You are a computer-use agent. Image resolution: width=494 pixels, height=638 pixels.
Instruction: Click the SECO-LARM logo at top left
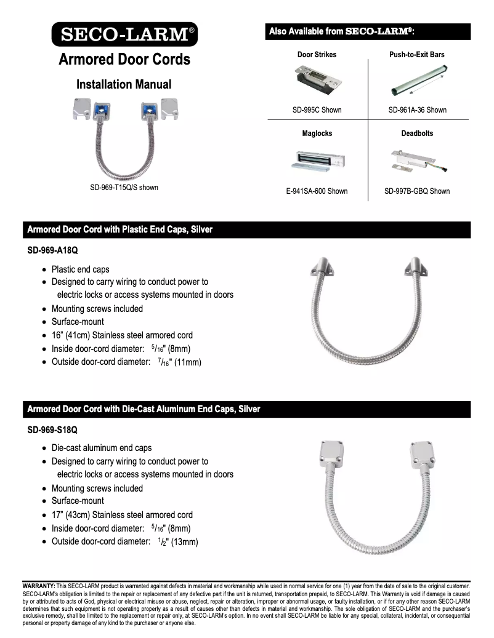click(124, 34)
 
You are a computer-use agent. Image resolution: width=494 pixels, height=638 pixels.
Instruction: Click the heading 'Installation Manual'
click(124, 84)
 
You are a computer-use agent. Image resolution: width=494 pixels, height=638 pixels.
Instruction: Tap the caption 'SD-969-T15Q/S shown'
click(124, 187)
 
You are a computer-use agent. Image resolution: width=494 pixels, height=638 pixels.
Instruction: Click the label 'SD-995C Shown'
click(317, 110)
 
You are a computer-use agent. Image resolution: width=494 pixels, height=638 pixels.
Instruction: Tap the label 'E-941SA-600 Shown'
click(317, 191)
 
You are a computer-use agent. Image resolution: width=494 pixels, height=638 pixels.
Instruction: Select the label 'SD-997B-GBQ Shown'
click(417, 191)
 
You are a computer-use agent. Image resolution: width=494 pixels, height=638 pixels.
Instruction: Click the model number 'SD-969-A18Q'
click(52, 250)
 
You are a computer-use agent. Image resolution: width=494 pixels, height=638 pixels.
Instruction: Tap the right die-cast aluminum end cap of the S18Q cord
click(423, 456)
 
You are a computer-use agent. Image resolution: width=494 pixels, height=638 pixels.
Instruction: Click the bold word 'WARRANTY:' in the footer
click(39, 586)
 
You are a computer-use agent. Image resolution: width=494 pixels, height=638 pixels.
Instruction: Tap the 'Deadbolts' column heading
click(417, 133)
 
